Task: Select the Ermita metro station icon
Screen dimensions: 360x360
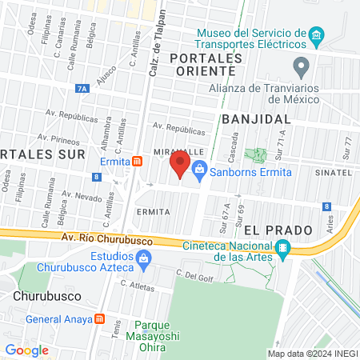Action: (x=138, y=161)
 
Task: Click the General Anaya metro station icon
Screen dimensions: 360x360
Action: (x=99, y=318)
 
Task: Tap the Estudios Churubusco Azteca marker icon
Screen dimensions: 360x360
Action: (x=144, y=258)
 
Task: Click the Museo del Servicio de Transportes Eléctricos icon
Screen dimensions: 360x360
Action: (x=316, y=36)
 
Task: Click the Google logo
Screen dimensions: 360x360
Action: (x=26, y=350)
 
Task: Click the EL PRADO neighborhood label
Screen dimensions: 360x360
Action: (x=278, y=230)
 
